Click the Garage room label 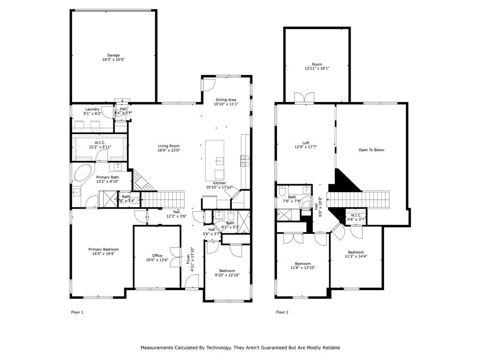pos(113,55)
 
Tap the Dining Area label pos(225,100)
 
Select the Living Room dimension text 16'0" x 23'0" pos(168,150)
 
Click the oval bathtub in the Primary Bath pos(82,173)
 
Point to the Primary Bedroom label pos(104,249)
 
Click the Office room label pos(157,255)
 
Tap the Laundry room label pos(92,109)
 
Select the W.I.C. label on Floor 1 pos(99,142)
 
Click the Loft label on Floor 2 pos(306,143)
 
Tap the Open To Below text pos(371,150)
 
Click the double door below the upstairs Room pos(304,97)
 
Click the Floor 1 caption pos(77,312)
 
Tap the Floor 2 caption pos(282,312)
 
